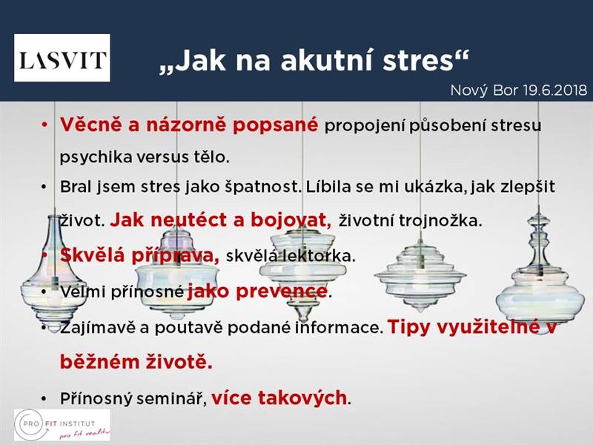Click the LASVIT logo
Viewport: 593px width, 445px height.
tap(62, 58)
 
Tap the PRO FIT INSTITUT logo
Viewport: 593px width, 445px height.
tap(62, 424)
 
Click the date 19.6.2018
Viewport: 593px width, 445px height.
tap(555, 90)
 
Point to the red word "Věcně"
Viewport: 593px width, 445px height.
tap(91, 124)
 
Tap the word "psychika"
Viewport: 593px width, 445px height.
tap(96, 156)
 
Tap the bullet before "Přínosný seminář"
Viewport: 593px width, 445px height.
tap(44, 399)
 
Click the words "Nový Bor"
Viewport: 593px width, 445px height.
tap(485, 90)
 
